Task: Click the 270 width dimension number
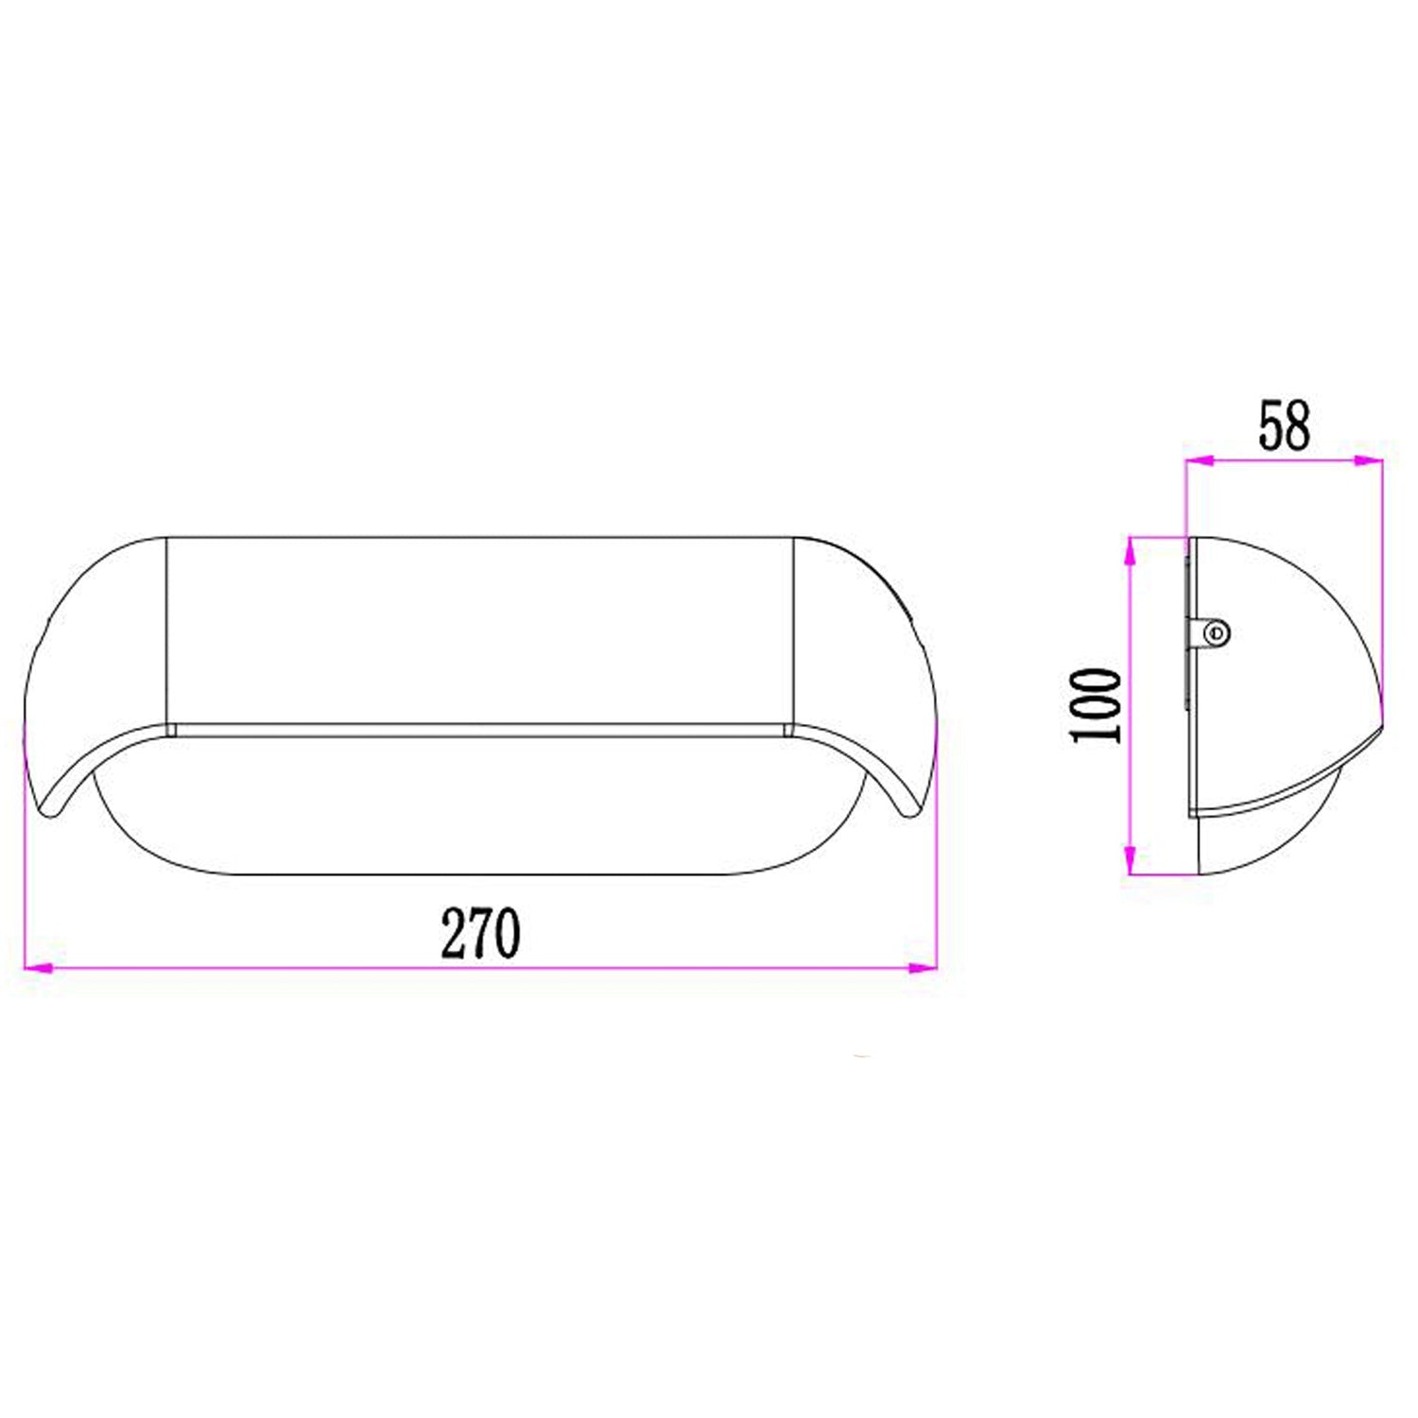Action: pyautogui.click(x=480, y=933)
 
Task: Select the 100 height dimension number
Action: pyautogui.click(x=1097, y=705)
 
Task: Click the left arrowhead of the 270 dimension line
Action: pyautogui.click(x=36, y=968)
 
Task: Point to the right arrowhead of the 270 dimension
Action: pyautogui.click(x=922, y=968)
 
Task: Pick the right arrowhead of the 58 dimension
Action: pyautogui.click(x=1369, y=461)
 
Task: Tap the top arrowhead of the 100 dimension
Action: pyautogui.click(x=1130, y=552)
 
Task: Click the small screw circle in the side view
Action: pyautogui.click(x=1218, y=631)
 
